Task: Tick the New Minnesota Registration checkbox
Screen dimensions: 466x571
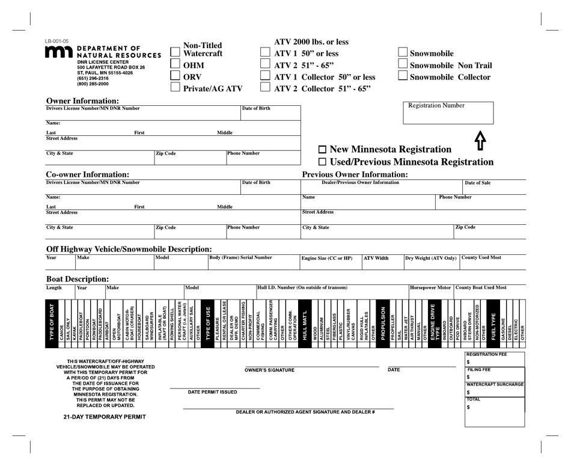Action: pos(322,149)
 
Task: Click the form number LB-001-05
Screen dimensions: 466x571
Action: pos(57,41)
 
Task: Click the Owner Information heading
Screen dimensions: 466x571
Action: pos(82,100)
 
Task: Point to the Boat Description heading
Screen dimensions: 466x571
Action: pos(78,279)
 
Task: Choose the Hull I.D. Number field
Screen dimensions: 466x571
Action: pos(332,293)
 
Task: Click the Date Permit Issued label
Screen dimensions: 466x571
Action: pos(213,392)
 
